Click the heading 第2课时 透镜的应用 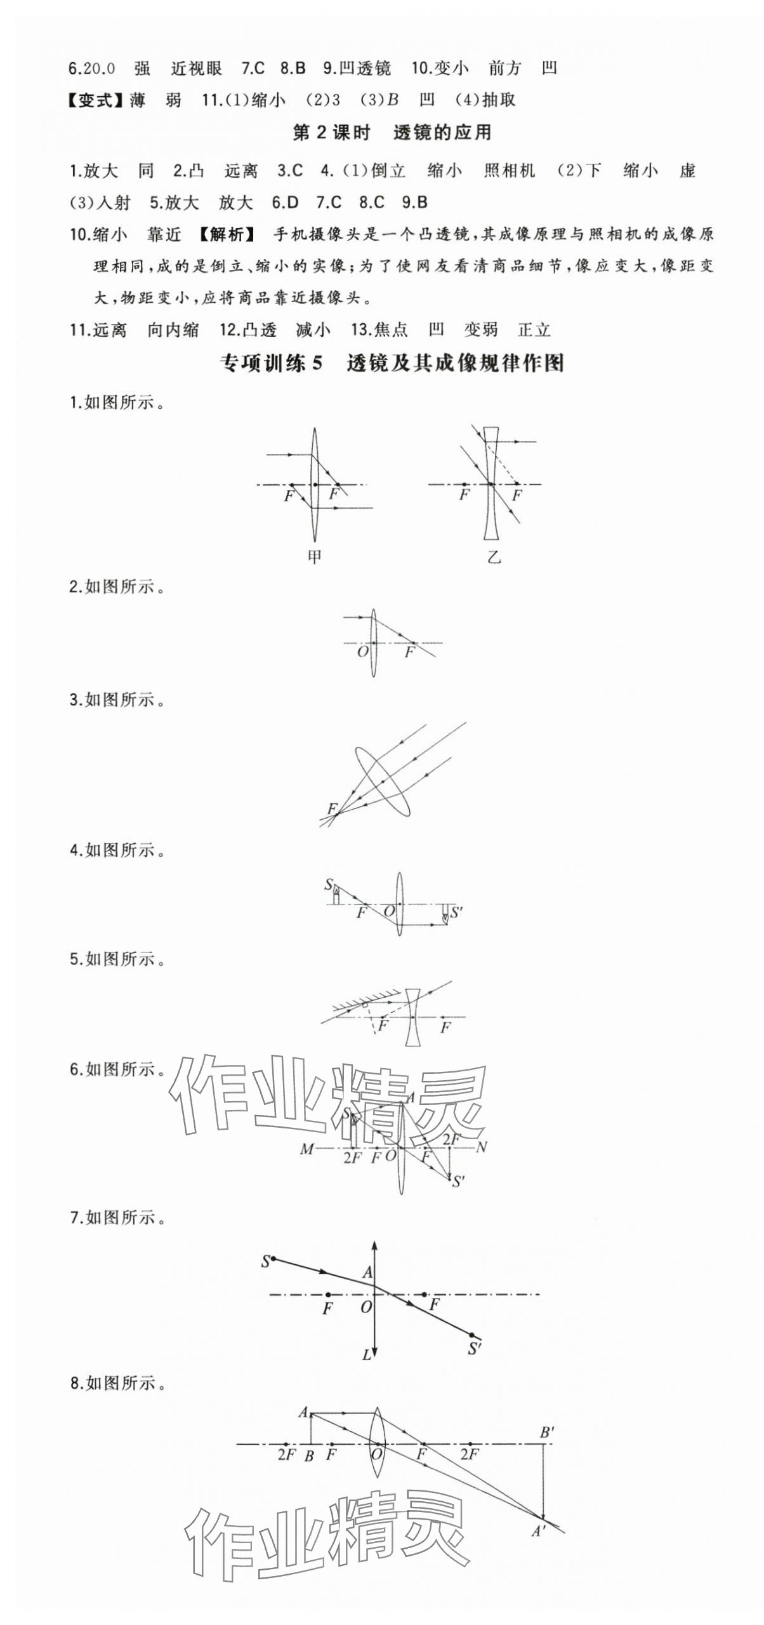(x=392, y=133)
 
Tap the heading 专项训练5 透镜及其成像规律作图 (x=392, y=363)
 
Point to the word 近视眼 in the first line (x=196, y=69)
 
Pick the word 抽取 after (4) (x=499, y=100)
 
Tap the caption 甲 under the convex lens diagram (x=314, y=557)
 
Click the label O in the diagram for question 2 (x=362, y=652)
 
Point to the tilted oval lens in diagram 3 (x=382, y=781)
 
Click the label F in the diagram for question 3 (x=331, y=808)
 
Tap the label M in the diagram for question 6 (x=306, y=1149)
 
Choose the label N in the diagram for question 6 (x=482, y=1147)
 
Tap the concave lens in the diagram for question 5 (x=413, y=1017)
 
